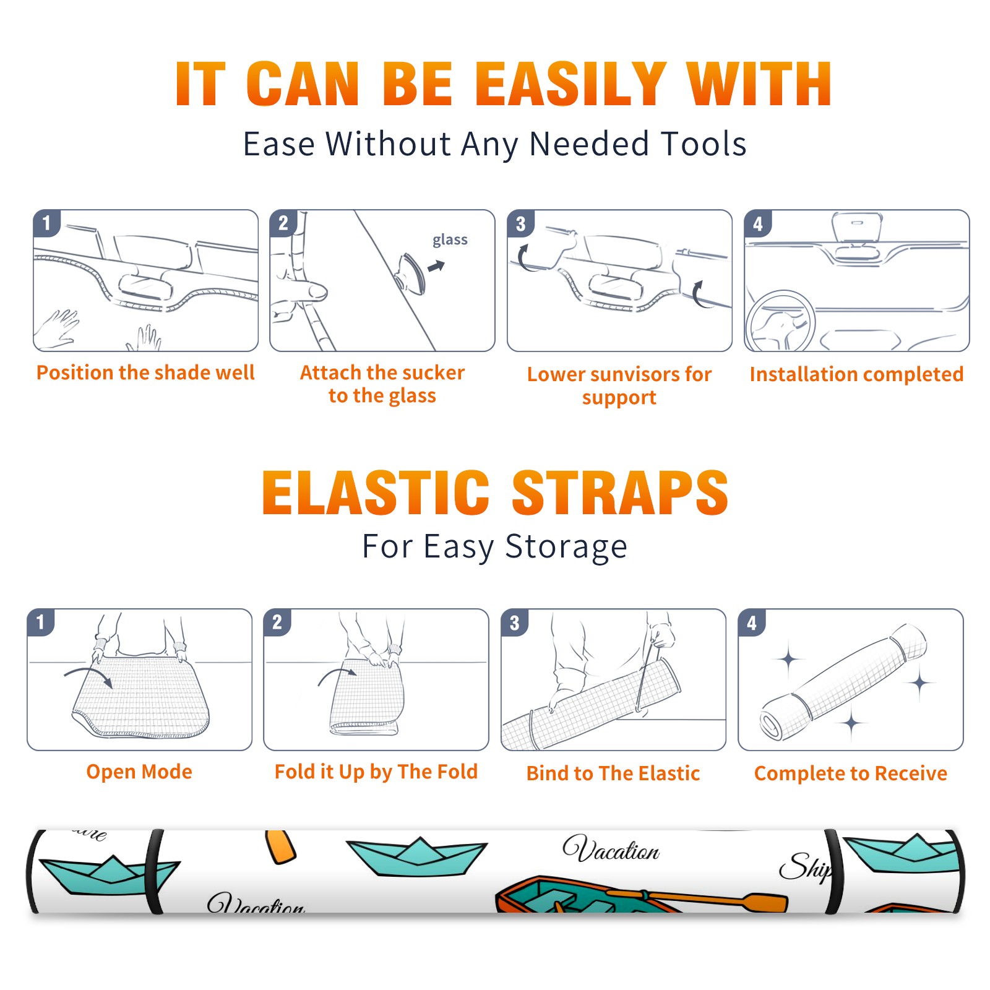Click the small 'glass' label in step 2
450,240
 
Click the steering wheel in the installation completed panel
780,321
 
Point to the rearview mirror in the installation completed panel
857,228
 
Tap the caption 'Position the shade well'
145,372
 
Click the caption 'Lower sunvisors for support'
619,385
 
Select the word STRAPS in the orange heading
620,493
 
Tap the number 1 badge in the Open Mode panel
41,622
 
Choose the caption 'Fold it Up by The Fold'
376,772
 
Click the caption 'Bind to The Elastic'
613,773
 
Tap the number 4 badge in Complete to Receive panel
752,622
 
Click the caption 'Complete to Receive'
851,773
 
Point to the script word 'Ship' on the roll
805,866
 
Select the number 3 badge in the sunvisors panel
520,223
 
